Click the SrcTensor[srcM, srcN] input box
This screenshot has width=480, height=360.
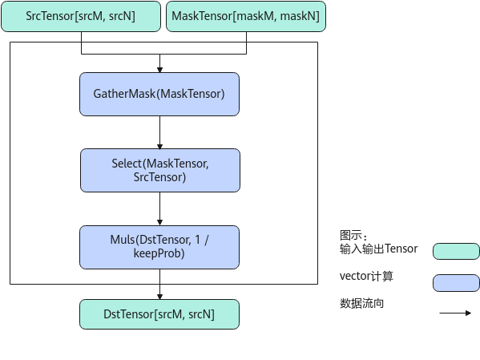click(81, 16)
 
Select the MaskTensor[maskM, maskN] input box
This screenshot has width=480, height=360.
click(246, 16)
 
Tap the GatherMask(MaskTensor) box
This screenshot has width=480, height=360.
click(159, 94)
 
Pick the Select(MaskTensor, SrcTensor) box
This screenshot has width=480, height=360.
click(160, 170)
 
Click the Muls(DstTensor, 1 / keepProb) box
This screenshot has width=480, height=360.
click(159, 247)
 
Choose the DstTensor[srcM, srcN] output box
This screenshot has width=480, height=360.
click(159, 314)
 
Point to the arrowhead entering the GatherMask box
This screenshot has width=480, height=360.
click(159, 70)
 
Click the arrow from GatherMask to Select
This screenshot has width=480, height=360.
click(159, 132)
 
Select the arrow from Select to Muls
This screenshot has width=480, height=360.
click(159, 209)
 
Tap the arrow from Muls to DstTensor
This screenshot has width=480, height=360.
click(159, 285)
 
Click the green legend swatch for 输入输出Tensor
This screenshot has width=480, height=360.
click(456, 251)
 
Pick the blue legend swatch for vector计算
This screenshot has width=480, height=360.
click(456, 283)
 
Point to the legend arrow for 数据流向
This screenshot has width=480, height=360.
click(455, 313)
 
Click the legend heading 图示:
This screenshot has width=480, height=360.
click(353, 236)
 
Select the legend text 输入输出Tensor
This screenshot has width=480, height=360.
click(378, 249)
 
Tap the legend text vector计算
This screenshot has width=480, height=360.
click(366, 276)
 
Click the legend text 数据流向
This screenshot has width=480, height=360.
click(361, 303)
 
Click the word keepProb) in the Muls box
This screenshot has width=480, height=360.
click(159, 253)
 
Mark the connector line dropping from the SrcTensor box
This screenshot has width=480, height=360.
click(81, 42)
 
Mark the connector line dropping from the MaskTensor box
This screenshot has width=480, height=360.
click(247, 42)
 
